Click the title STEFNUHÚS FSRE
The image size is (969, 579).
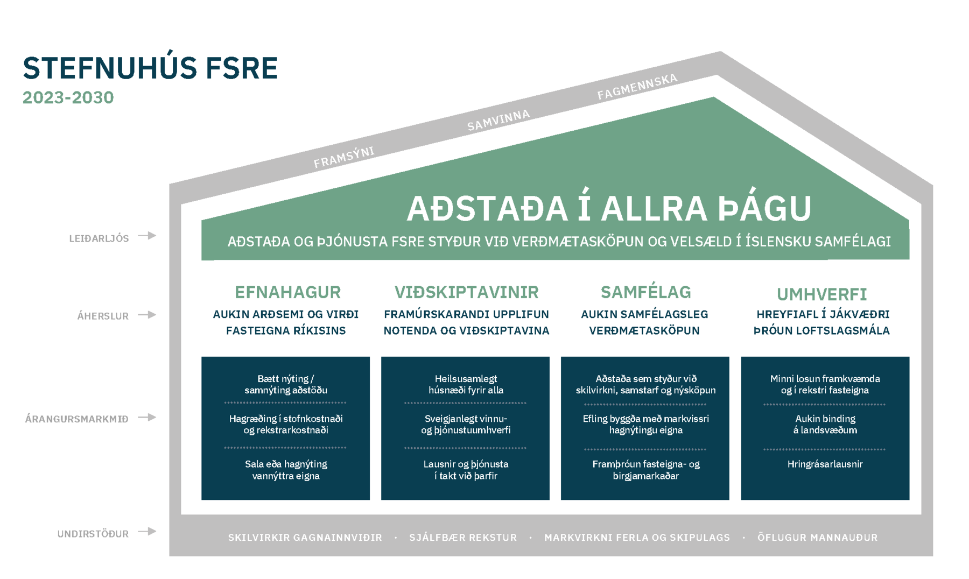(150, 68)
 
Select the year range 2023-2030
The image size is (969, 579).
(68, 97)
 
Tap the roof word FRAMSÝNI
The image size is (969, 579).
(344, 157)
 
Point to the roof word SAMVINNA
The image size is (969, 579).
(498, 120)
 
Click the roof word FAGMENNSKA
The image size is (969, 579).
(637, 87)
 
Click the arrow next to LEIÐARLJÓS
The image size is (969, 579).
(147, 236)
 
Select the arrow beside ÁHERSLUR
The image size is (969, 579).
(147, 315)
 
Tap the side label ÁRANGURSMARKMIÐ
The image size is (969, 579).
(76, 419)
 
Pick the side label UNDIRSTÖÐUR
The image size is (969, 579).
(93, 534)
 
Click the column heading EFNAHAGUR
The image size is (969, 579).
(287, 292)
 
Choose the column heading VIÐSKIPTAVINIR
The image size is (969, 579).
(466, 292)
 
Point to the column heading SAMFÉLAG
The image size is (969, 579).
(645, 292)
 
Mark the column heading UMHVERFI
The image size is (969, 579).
(821, 294)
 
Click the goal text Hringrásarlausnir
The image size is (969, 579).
(825, 464)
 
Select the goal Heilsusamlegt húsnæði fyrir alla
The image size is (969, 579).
(466, 384)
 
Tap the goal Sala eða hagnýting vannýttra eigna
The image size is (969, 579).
(286, 470)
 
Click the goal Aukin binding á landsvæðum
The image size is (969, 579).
(825, 424)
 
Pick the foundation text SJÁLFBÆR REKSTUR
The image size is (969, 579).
(463, 537)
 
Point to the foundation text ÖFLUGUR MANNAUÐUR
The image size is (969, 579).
(817, 537)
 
